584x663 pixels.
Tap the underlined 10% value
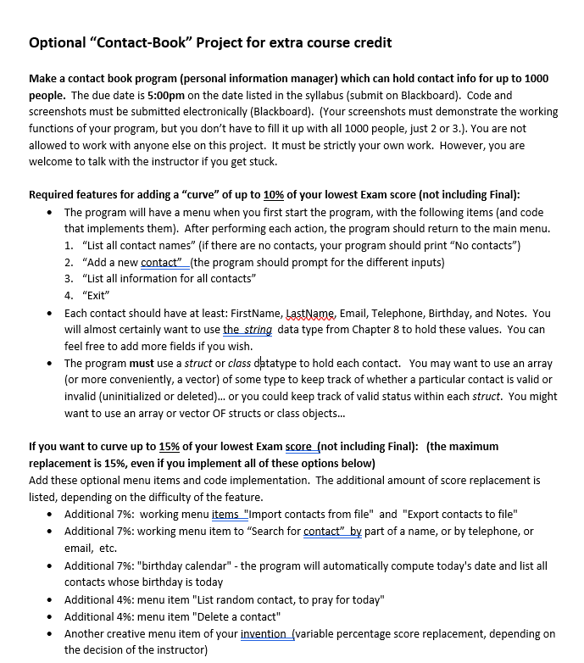pos(273,194)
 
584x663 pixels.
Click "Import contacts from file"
pos(308,514)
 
